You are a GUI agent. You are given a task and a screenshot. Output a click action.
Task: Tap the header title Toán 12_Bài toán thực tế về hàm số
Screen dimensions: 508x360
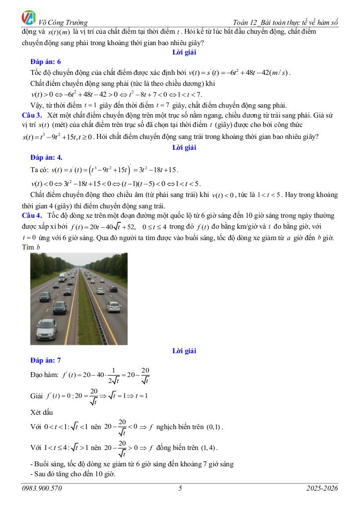[x=286, y=22]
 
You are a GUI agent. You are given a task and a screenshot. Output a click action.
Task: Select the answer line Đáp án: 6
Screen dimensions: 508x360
[x=45, y=62]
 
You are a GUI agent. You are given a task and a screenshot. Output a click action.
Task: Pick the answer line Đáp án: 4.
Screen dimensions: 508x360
[x=46, y=157]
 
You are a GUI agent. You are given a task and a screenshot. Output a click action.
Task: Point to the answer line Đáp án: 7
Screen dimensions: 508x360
[x=45, y=360]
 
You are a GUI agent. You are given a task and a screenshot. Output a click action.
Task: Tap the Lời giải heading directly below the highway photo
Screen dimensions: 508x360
[x=184, y=351]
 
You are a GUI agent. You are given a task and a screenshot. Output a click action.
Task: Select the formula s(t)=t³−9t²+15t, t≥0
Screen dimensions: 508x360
[x=57, y=136]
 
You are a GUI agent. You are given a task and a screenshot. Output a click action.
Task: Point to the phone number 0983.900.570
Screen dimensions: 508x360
[x=42, y=489]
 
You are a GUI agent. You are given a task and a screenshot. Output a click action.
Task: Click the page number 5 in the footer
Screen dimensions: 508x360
[x=180, y=489]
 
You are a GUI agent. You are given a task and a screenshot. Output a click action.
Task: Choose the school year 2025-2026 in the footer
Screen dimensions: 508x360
[x=322, y=489]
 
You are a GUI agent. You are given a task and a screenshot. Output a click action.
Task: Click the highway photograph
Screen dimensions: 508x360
[x=78, y=298]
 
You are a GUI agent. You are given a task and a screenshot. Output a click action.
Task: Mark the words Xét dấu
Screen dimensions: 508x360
[x=42, y=412]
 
